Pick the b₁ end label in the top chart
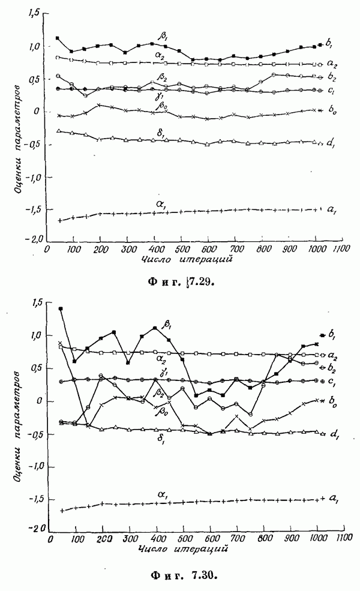[329, 43]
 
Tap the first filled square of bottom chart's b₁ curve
[61, 308]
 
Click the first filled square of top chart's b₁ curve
[57, 38]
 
